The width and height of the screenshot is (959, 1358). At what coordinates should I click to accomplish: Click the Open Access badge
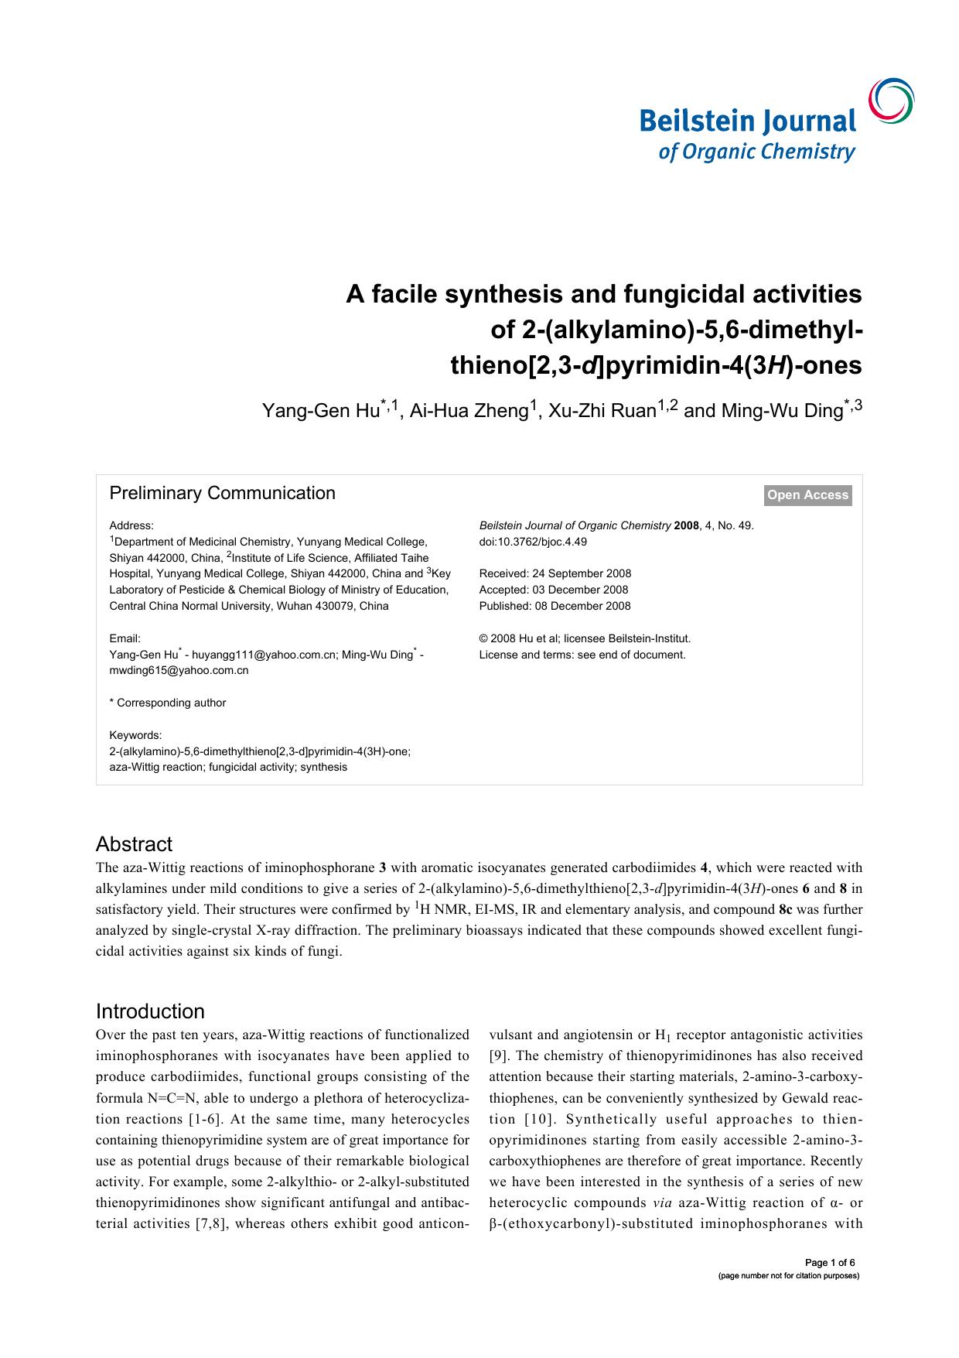807,495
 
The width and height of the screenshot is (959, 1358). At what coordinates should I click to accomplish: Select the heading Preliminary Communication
222,494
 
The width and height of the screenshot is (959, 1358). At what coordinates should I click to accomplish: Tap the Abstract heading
134,844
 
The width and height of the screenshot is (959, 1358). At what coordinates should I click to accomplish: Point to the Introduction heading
150,1011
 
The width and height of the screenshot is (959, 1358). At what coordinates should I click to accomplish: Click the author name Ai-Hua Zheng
469,411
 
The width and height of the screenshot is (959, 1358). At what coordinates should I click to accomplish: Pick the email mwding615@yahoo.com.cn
179,671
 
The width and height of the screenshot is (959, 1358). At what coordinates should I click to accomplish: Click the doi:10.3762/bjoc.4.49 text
533,542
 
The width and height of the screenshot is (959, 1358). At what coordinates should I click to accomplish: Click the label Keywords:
135,735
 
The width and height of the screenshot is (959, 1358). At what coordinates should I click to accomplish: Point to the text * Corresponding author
168,703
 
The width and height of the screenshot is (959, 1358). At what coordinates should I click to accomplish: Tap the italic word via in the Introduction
659,1202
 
